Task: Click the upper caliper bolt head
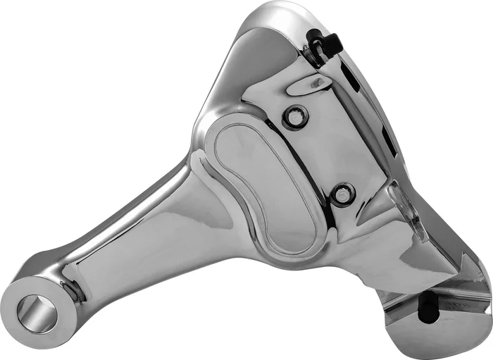294,118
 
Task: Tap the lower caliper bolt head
343,193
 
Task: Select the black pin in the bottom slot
426,305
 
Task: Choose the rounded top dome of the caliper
275,28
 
